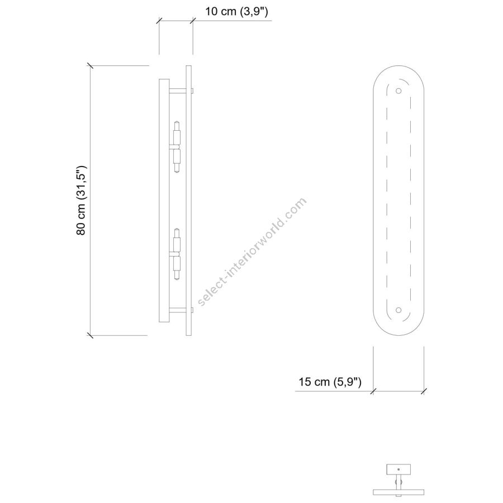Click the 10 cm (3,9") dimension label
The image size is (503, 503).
pyautogui.click(x=236, y=12)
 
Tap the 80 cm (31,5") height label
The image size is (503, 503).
pyautogui.click(x=81, y=201)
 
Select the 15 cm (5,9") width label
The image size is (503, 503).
pyautogui.click(x=330, y=382)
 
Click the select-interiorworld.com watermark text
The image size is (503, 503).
pyautogui.click(x=252, y=252)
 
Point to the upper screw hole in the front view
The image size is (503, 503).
pyautogui.click(x=398, y=91)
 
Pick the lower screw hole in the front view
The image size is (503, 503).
pyautogui.click(x=398, y=310)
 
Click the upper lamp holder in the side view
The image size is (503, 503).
pyautogui.click(x=177, y=147)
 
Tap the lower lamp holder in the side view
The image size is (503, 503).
pyautogui.click(x=177, y=254)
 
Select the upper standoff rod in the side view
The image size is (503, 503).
pyautogui.click(x=181, y=91)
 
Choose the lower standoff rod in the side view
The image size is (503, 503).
pyautogui.click(x=181, y=310)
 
